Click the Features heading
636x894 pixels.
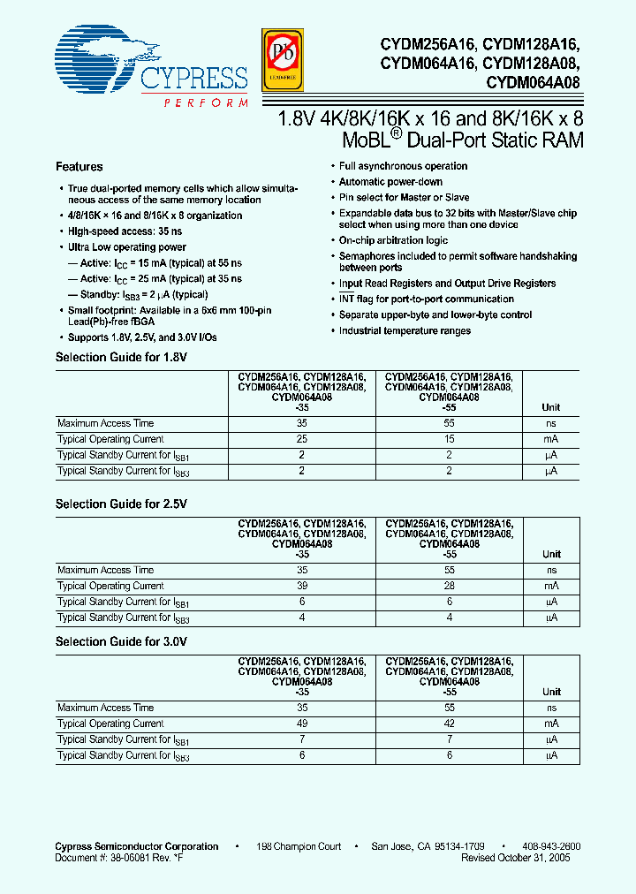tap(79, 167)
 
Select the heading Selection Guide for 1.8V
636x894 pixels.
tap(122, 357)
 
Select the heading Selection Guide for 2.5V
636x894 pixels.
tap(122, 504)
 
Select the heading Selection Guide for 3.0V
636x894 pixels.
tap(122, 641)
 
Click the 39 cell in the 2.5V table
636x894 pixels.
tap(303, 586)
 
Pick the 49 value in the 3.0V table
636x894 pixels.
tap(303, 724)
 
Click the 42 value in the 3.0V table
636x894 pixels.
tap(450, 724)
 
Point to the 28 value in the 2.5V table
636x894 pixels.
tap(450, 586)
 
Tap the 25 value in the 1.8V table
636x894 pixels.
tap(303, 439)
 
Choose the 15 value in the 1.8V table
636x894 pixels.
tap(450, 439)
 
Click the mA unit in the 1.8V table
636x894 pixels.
tap(551, 439)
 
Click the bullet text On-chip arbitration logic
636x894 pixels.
tap(394, 240)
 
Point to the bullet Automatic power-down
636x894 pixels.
tap(391, 182)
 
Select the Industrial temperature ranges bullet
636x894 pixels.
tap(405, 330)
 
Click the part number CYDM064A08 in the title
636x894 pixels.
tap(533, 85)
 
